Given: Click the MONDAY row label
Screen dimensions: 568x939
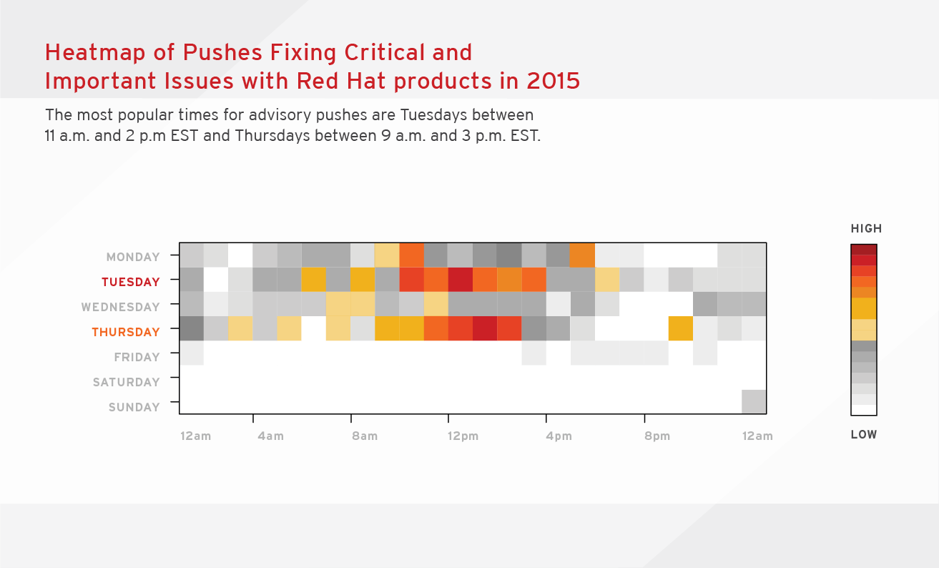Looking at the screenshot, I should coord(133,257).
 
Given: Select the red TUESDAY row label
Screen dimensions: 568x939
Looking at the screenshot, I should coord(130,282).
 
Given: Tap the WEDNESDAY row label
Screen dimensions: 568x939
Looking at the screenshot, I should coord(120,307).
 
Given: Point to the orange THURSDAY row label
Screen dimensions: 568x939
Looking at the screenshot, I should coord(126,332).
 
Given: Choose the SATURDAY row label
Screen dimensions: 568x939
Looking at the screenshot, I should coord(126,382).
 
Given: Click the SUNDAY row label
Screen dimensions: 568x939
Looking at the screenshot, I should coord(134,407).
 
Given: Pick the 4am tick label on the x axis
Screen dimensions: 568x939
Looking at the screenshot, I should coord(270,436).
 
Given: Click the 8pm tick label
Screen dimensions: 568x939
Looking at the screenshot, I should coord(657,436).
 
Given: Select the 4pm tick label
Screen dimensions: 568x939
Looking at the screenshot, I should coord(559,436).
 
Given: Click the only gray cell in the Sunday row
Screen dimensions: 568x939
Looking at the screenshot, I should coord(754,401).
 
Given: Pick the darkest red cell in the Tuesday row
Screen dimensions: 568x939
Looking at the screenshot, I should coord(460,280).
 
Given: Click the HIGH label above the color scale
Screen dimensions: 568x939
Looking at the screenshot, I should coord(866,229).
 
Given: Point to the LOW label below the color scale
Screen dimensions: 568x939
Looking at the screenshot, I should coord(863,434).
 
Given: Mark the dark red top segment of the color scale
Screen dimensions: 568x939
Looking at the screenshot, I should coord(863,250).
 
